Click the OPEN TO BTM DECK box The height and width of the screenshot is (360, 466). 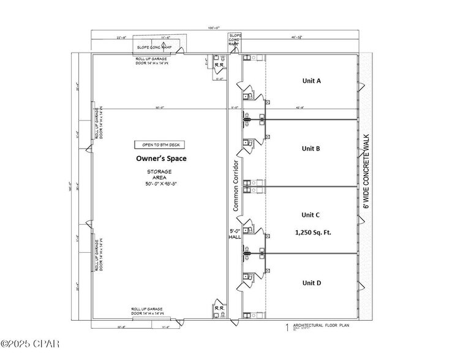click(159, 145)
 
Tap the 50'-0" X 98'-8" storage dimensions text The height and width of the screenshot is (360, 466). click(159, 184)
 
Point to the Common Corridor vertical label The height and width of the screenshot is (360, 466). click(235, 181)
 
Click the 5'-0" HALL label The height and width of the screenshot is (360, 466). click(235, 234)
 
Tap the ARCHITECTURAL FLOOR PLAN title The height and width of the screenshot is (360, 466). click(320, 326)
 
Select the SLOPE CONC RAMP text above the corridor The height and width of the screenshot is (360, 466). click(235, 40)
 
